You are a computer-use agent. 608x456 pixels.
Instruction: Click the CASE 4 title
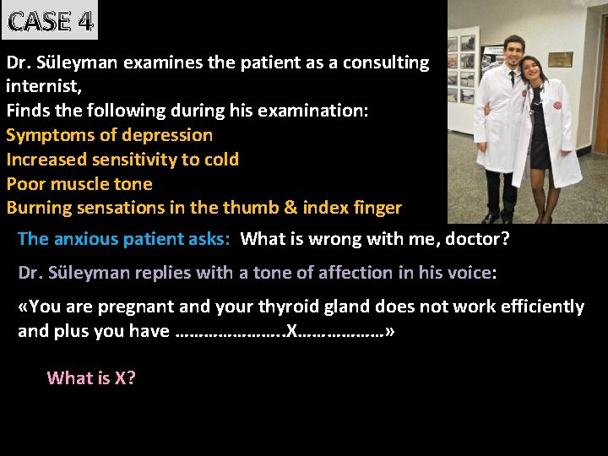(49, 20)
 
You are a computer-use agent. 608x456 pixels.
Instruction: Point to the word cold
(221, 160)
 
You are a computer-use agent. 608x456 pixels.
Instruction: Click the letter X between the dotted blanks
(291, 331)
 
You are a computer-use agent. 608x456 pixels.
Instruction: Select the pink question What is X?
(91, 377)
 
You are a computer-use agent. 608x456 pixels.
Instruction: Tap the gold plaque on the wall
(560, 60)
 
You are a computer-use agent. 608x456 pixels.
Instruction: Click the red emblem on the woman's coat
(556, 106)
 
